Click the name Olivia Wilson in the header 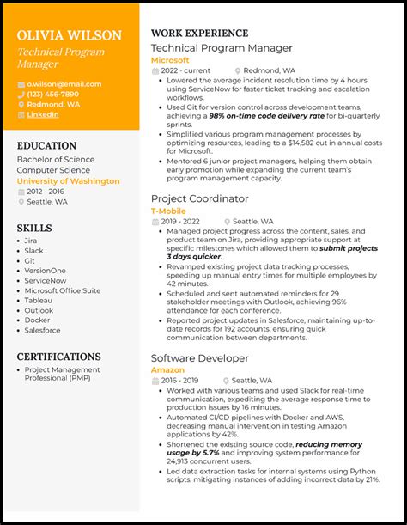click(x=69, y=35)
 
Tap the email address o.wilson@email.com click(x=64, y=84)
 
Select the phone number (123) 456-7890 click(x=52, y=95)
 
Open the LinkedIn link click(x=43, y=114)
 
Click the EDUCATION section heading click(x=48, y=146)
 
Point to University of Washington click(x=68, y=181)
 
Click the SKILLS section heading click(x=34, y=229)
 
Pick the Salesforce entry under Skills click(x=43, y=330)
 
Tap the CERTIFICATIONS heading click(x=58, y=357)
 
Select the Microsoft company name click(x=170, y=60)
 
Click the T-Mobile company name click(x=168, y=211)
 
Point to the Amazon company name click(x=167, y=369)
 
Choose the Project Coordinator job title click(x=199, y=198)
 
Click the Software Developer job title click(x=200, y=357)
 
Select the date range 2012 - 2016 click(x=46, y=192)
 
